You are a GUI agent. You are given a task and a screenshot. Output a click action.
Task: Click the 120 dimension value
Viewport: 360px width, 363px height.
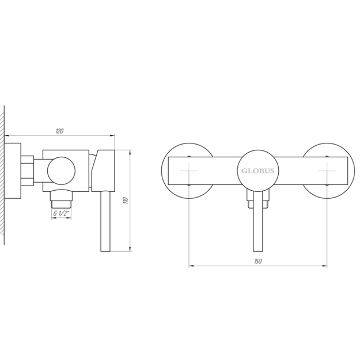click(59, 131)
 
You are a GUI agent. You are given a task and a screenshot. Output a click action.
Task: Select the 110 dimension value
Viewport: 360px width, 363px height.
click(126, 201)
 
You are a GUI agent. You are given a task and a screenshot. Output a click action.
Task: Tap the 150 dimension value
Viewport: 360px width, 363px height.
click(257, 262)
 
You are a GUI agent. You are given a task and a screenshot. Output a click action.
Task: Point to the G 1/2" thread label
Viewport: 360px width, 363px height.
click(61, 213)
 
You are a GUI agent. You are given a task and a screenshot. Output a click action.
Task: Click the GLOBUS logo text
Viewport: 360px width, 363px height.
click(257, 171)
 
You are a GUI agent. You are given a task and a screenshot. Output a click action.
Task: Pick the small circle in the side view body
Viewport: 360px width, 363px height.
click(61, 171)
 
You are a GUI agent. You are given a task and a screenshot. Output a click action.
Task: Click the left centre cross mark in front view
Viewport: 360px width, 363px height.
click(189, 171)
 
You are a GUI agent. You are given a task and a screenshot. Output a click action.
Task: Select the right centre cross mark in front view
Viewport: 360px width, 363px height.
click(327, 171)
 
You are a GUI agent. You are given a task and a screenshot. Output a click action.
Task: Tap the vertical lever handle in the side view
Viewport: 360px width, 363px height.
click(105, 221)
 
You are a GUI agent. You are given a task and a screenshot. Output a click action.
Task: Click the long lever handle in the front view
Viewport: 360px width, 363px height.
click(257, 221)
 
